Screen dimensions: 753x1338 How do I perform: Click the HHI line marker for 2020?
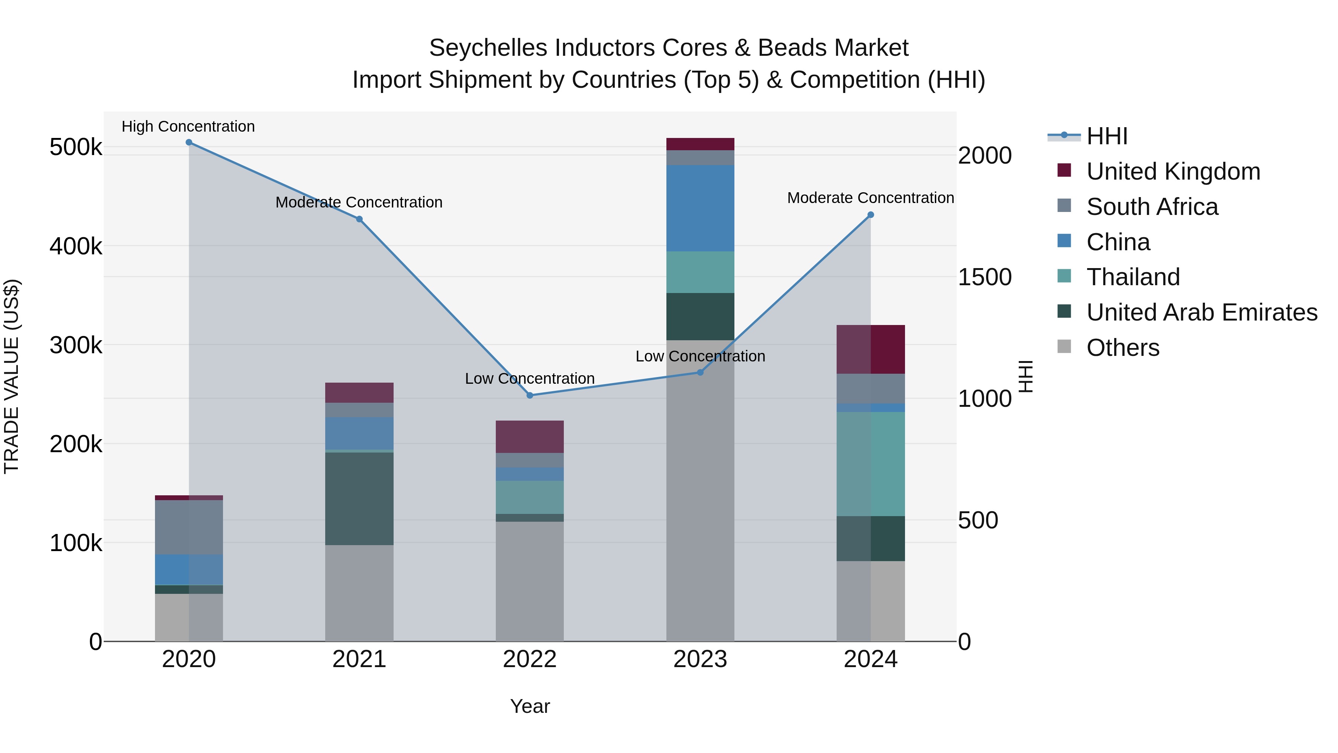[x=188, y=142]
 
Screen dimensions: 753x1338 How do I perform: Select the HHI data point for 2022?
[x=530, y=396]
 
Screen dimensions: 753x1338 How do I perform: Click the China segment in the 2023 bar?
[x=700, y=208]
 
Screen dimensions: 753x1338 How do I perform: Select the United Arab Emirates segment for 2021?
[x=359, y=499]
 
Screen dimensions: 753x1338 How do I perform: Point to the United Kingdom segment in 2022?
[x=530, y=437]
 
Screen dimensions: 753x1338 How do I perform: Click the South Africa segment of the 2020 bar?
[x=188, y=527]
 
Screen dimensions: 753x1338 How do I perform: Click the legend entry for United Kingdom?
[x=1173, y=171]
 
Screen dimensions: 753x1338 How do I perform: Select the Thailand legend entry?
[x=1133, y=277]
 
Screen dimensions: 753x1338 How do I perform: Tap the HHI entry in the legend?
[x=1106, y=136]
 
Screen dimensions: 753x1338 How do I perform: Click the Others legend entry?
[x=1122, y=348]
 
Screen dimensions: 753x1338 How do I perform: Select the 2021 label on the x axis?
[x=359, y=659]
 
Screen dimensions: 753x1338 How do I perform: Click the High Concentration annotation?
[x=188, y=126]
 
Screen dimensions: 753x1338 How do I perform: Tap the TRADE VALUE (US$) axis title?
[x=12, y=376]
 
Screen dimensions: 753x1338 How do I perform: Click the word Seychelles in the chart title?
[x=488, y=48]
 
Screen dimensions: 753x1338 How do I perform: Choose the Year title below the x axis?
[x=530, y=706]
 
